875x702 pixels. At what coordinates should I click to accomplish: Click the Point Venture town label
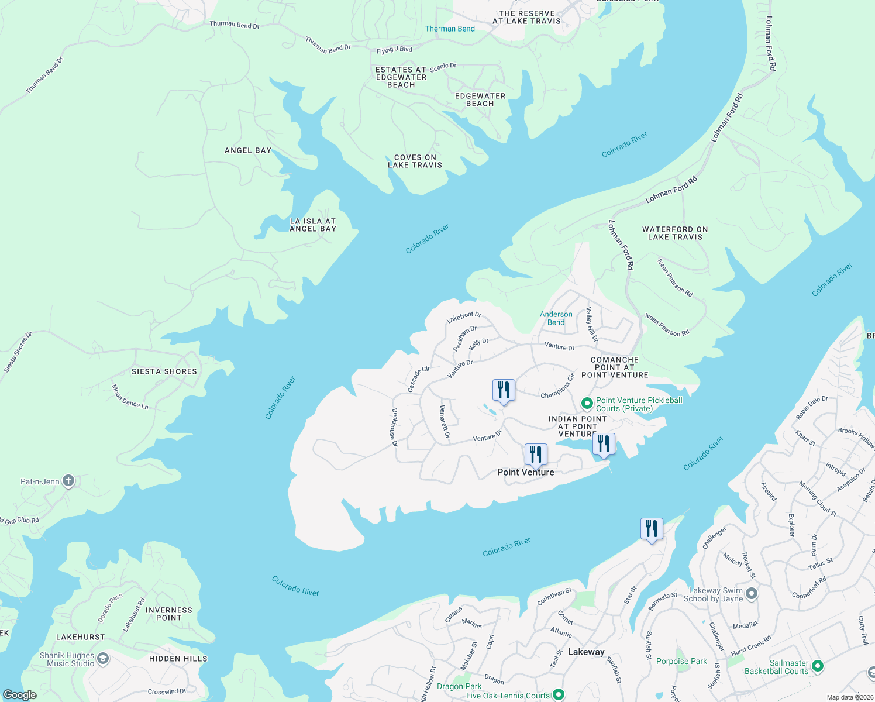pos(525,472)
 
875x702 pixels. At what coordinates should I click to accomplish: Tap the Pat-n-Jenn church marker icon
pos(68,481)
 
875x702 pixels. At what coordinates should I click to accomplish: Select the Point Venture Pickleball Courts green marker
pos(587,404)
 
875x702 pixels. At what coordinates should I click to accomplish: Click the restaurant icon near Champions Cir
pos(504,390)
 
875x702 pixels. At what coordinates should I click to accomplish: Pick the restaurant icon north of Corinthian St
pos(651,529)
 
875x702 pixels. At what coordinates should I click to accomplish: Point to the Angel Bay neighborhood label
pos(248,150)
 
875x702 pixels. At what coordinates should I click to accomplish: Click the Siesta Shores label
pos(164,371)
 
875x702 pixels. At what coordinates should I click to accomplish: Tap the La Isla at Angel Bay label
pos(313,225)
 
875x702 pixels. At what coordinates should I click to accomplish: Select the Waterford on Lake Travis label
pos(675,233)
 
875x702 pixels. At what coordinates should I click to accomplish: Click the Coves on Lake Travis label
pos(415,161)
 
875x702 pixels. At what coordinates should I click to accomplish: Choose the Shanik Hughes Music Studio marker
pos(102,659)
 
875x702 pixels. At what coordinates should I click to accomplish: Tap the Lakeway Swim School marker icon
pos(752,594)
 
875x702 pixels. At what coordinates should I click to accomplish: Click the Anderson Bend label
pos(556,318)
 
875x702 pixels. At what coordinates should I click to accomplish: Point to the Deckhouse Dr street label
pos(394,428)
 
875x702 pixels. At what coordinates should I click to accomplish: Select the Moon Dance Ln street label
pos(130,397)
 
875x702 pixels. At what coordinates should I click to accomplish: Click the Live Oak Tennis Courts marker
pos(559,695)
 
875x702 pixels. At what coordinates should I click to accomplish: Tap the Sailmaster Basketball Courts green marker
pos(818,666)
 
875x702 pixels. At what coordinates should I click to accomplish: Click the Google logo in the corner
pos(19,695)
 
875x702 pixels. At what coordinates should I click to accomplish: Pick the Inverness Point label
pos(169,614)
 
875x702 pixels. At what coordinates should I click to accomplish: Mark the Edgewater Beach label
pos(480,100)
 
